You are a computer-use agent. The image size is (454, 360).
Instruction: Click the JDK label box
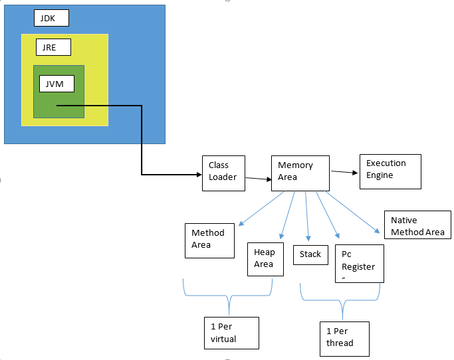coord(51,18)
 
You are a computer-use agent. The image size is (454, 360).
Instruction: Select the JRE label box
coord(53,48)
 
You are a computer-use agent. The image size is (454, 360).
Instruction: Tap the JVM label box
coord(57,84)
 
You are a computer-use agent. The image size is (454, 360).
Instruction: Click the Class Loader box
coord(223,173)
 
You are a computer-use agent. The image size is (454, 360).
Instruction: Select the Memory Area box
coord(300,173)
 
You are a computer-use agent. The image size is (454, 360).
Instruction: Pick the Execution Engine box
coord(390,171)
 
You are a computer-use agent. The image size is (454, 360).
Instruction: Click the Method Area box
coord(209,240)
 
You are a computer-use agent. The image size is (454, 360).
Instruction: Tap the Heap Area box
coord(266,259)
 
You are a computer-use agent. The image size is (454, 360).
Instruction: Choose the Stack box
coord(310,254)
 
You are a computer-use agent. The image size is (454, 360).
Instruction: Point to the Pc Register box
coord(359,262)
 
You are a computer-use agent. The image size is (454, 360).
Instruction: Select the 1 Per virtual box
coord(231,333)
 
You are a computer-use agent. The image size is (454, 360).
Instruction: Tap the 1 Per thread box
coord(343,338)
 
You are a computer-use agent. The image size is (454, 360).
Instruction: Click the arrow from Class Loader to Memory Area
coord(258,178)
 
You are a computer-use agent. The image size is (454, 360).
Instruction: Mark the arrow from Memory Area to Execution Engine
coord(344,172)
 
